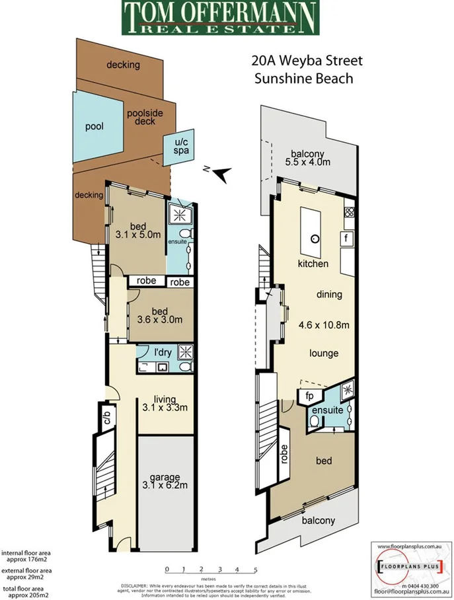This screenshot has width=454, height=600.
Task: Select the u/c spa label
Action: (180, 147)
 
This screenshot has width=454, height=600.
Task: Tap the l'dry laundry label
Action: (163, 352)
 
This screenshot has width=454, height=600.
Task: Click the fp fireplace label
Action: (309, 397)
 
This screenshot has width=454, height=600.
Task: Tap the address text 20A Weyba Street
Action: (307, 61)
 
